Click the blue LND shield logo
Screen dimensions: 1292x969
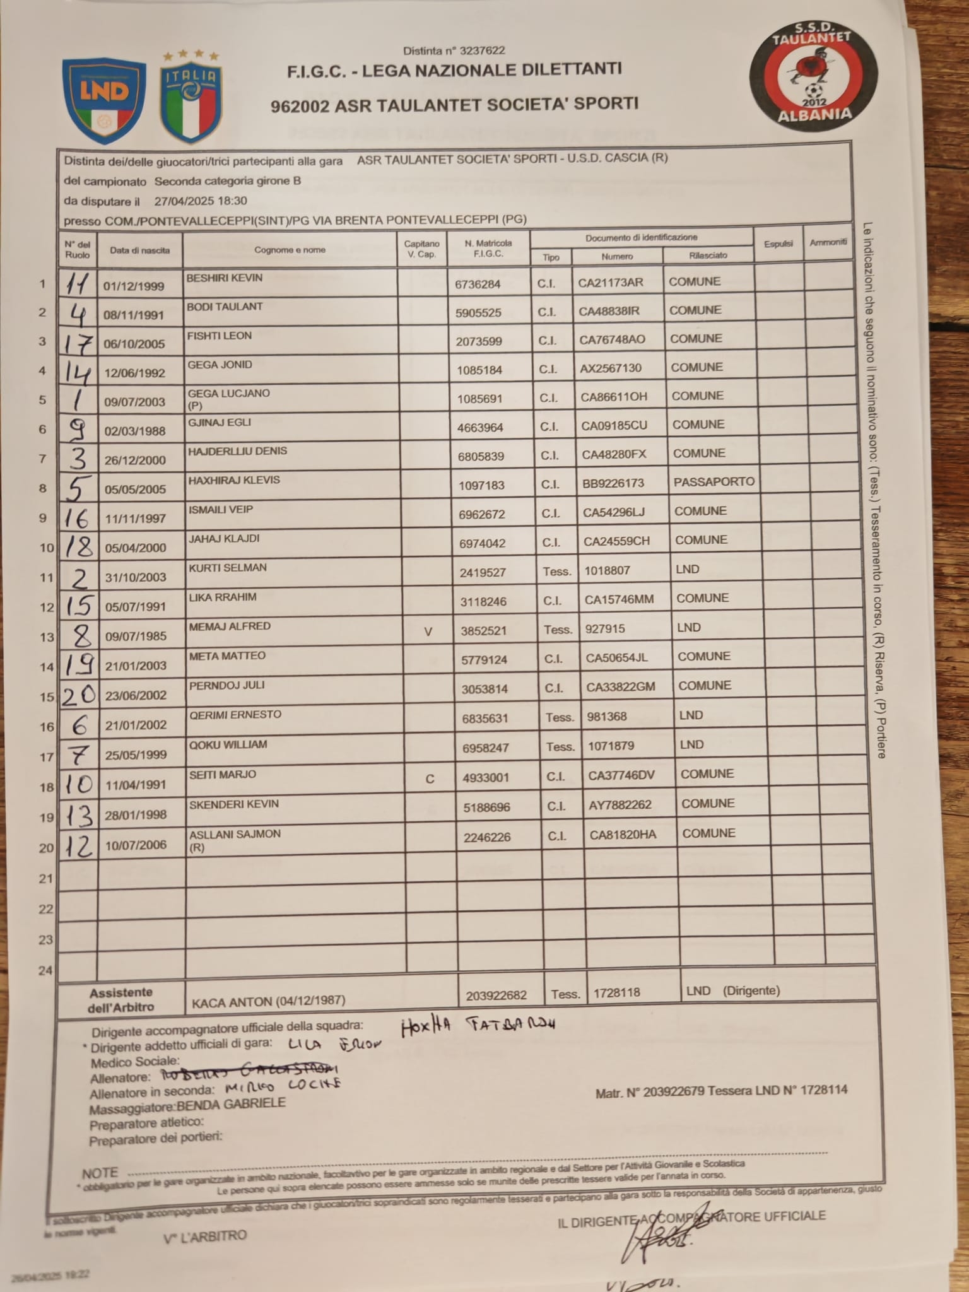point(104,100)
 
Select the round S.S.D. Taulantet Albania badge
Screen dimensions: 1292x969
point(813,74)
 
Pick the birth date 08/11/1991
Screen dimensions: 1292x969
point(134,315)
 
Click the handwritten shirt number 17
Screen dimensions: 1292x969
point(79,344)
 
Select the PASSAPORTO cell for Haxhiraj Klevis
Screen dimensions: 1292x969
point(714,482)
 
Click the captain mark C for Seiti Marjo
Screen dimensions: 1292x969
point(430,779)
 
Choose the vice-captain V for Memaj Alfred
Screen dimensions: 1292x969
point(428,631)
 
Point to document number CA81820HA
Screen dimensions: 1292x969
point(623,835)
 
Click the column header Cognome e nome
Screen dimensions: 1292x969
point(290,250)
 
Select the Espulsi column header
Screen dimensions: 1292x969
point(778,244)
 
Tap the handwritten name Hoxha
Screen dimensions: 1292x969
point(426,1027)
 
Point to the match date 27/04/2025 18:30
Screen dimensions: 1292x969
point(201,201)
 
